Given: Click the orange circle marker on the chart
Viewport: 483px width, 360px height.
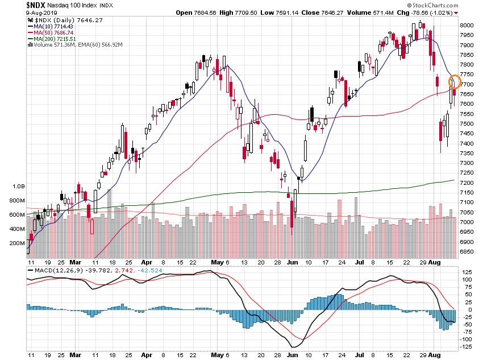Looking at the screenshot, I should pos(455,81).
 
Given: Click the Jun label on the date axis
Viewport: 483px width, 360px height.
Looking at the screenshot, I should pos(293,263).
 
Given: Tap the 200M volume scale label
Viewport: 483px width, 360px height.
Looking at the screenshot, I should pos(16,243).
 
